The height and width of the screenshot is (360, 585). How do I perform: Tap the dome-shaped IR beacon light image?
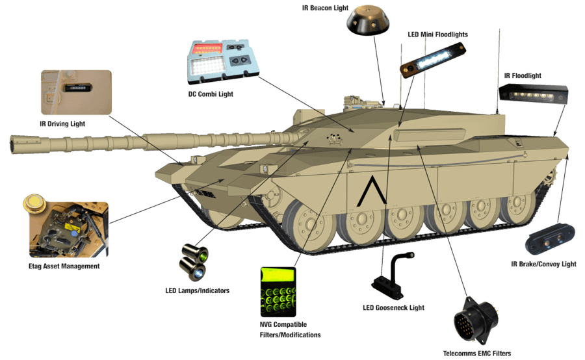[369, 21]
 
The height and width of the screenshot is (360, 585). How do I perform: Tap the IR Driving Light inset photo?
[76, 92]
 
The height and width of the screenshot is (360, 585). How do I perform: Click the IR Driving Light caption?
[62, 123]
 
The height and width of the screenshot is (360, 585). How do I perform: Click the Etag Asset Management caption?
[64, 266]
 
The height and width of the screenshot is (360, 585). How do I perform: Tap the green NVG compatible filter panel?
[278, 291]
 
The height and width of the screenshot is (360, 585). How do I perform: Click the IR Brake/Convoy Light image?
[551, 238]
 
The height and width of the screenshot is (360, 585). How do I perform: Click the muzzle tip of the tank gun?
[14, 143]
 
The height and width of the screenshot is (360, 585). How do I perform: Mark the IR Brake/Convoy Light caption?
[543, 264]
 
